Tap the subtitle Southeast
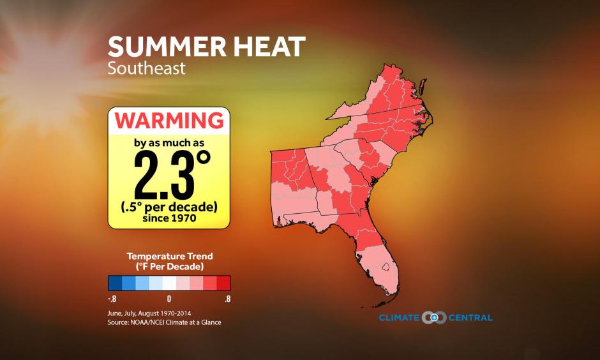pos(147,68)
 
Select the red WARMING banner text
pos(169,120)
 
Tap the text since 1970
pos(169,218)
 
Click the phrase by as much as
pos(169,142)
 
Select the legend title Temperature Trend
pos(169,256)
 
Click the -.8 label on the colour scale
pos(112,298)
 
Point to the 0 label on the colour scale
pos(169,298)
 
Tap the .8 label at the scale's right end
pos(227,298)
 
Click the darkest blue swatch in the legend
pos(115,283)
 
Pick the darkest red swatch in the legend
pos(223,283)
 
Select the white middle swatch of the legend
pos(169,283)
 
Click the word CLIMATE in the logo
pos(401,318)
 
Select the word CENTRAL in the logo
pos(469,318)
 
